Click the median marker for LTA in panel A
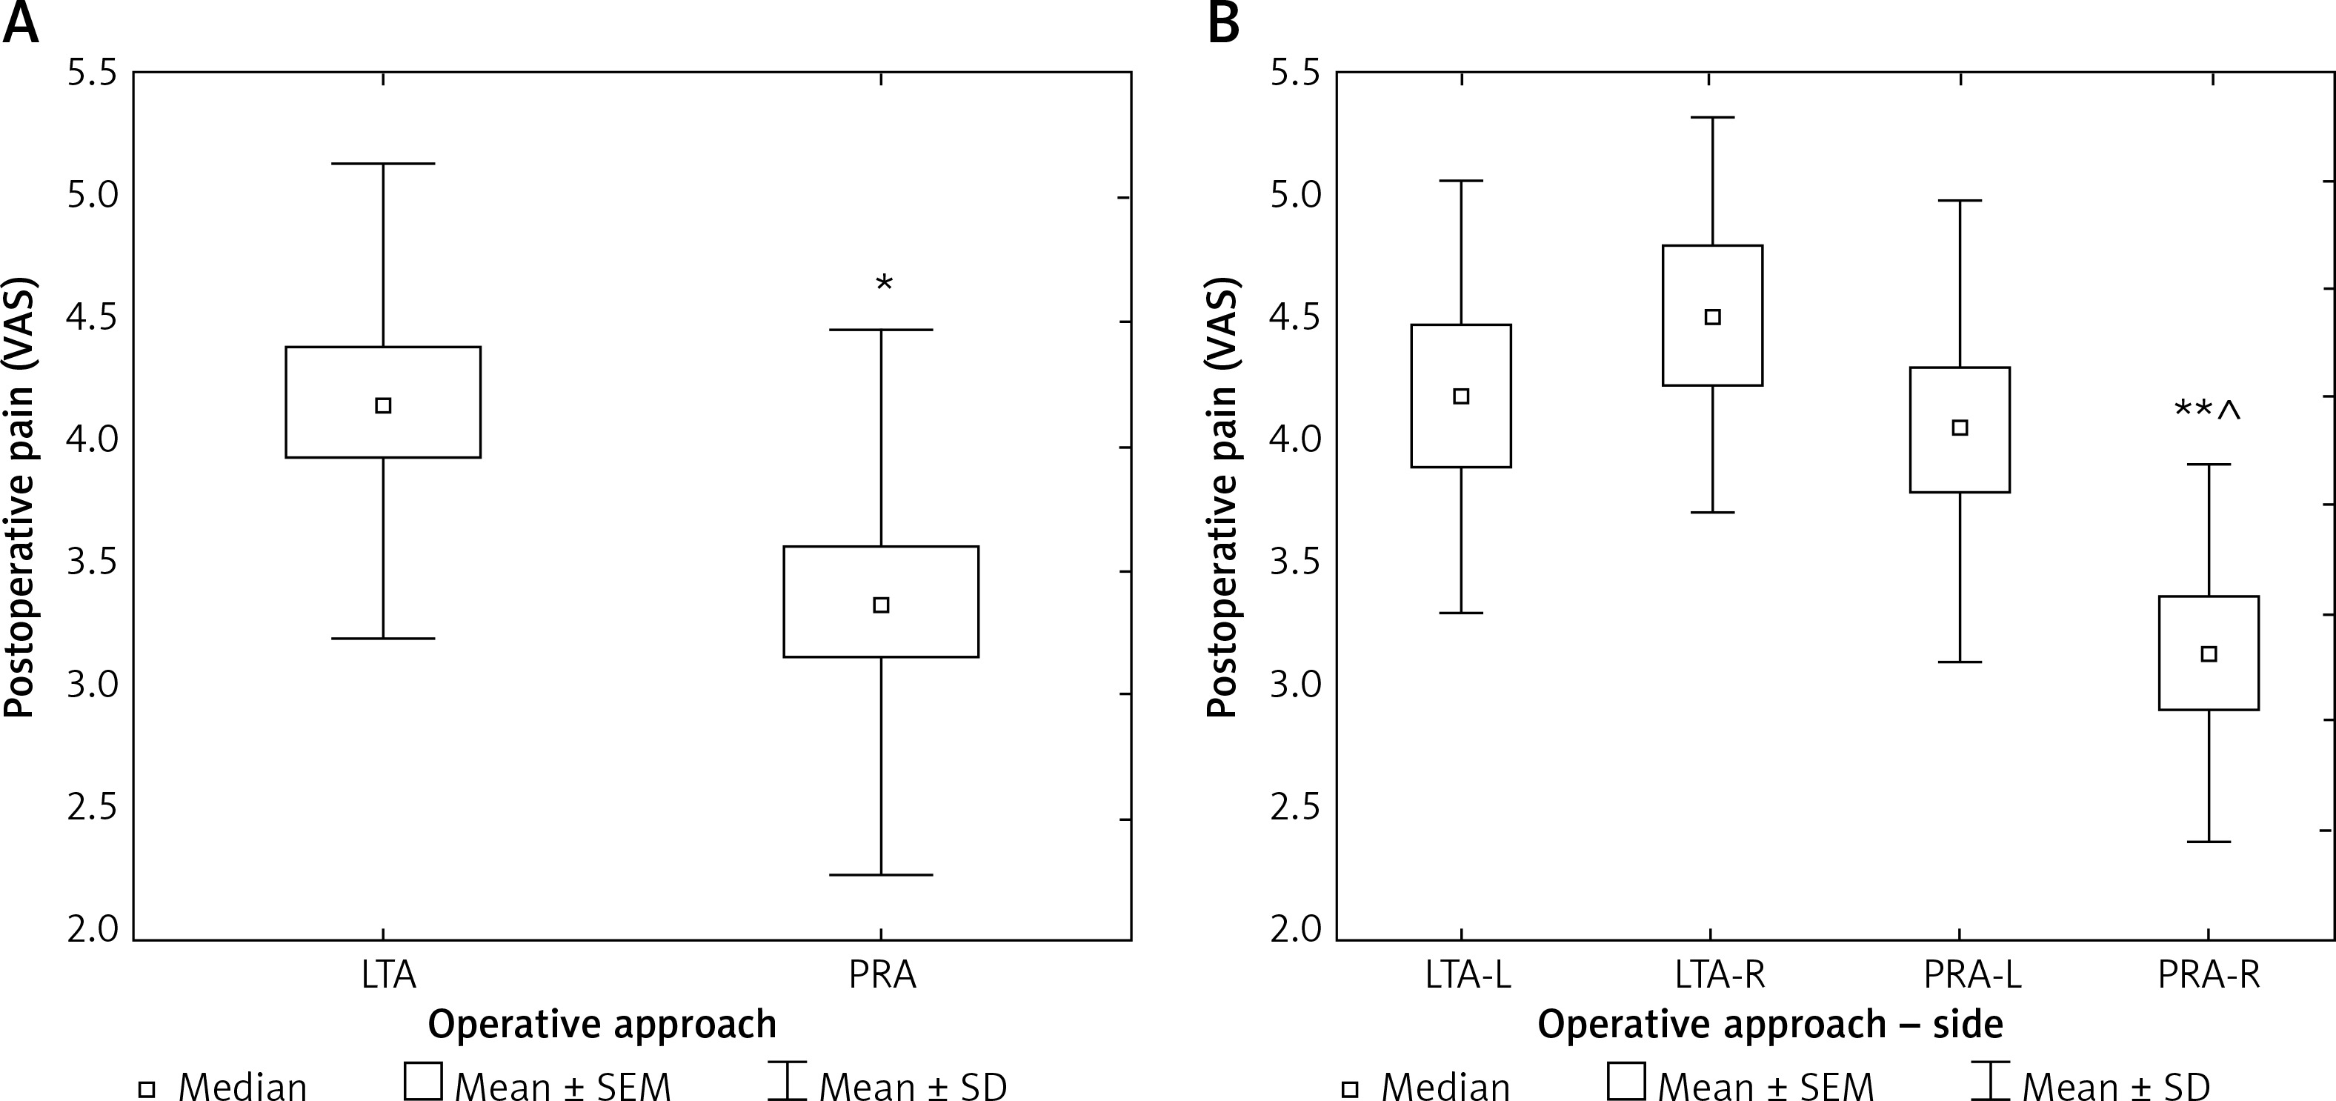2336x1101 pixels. pyautogui.click(x=383, y=405)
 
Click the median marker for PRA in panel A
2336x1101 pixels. pyautogui.click(x=880, y=605)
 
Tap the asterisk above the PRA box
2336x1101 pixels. pyautogui.click(x=884, y=283)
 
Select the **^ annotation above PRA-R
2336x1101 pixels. pyautogui.click(x=2207, y=410)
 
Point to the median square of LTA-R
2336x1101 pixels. pyautogui.click(x=1712, y=317)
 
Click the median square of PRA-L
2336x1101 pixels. pyautogui.click(x=1960, y=428)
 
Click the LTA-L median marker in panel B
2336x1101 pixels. pyautogui.click(x=1461, y=396)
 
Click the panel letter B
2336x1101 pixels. pyautogui.click(x=1224, y=23)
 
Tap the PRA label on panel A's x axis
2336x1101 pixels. pyautogui.click(x=882, y=975)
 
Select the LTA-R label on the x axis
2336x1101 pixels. pyautogui.click(x=1712, y=975)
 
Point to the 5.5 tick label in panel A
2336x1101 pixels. pyautogui.click(x=93, y=73)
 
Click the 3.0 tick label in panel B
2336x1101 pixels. pyautogui.click(x=1296, y=685)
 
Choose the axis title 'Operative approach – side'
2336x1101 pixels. pyautogui.click(x=1770, y=1025)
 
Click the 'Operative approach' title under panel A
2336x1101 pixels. pyautogui.click(x=602, y=1025)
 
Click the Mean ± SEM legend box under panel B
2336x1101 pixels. pyautogui.click(x=1626, y=1080)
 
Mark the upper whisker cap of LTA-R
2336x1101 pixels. pyautogui.click(x=1712, y=118)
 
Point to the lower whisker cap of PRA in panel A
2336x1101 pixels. pyautogui.click(x=880, y=875)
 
